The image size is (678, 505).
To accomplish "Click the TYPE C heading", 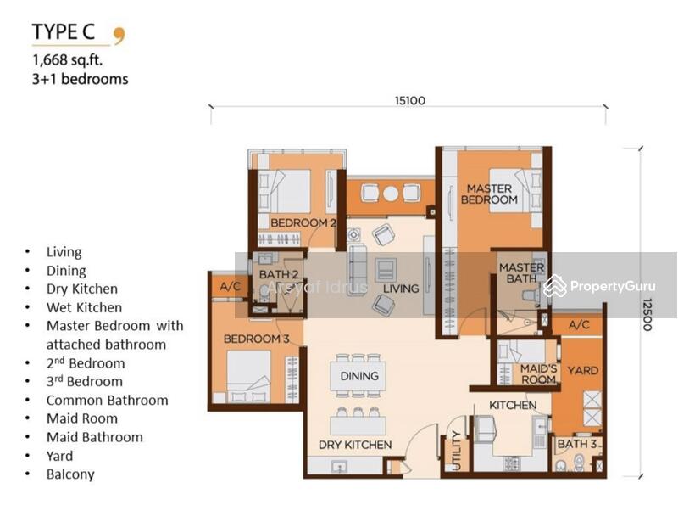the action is [x=63, y=32].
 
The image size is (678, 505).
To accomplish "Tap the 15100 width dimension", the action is [x=410, y=100].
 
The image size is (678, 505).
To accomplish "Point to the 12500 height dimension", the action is [x=647, y=315].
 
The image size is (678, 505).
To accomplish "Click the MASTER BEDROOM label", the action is [x=490, y=194].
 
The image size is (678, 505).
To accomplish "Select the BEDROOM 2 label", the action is [x=303, y=223].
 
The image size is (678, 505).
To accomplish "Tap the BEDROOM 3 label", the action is [x=257, y=339].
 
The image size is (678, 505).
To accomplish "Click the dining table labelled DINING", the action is [x=358, y=376].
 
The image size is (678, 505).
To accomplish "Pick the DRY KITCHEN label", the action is [x=355, y=445].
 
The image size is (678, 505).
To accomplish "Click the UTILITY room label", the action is [x=457, y=451].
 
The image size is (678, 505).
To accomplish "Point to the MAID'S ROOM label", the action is [x=538, y=373].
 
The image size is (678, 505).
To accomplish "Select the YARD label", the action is [x=583, y=370].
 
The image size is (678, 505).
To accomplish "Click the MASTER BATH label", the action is [x=521, y=272].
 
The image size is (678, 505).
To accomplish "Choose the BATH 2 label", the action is [x=279, y=275].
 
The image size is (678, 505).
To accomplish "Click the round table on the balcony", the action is [x=391, y=194].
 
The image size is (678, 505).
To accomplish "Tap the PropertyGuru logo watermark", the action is [x=599, y=286].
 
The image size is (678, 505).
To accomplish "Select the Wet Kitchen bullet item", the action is [x=84, y=307].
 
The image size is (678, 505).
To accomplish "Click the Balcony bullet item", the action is [x=70, y=474].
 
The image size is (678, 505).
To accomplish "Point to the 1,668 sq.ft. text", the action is [x=68, y=59].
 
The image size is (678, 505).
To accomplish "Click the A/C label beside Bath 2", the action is [x=230, y=286].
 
